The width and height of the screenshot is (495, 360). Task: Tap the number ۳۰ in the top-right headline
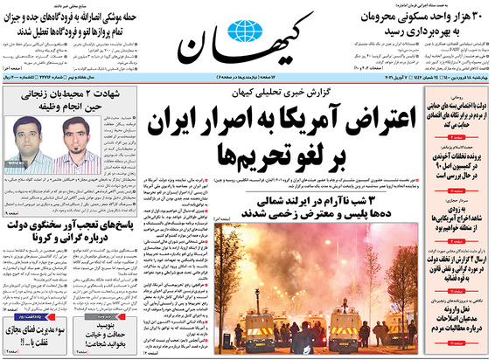point(479,17)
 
